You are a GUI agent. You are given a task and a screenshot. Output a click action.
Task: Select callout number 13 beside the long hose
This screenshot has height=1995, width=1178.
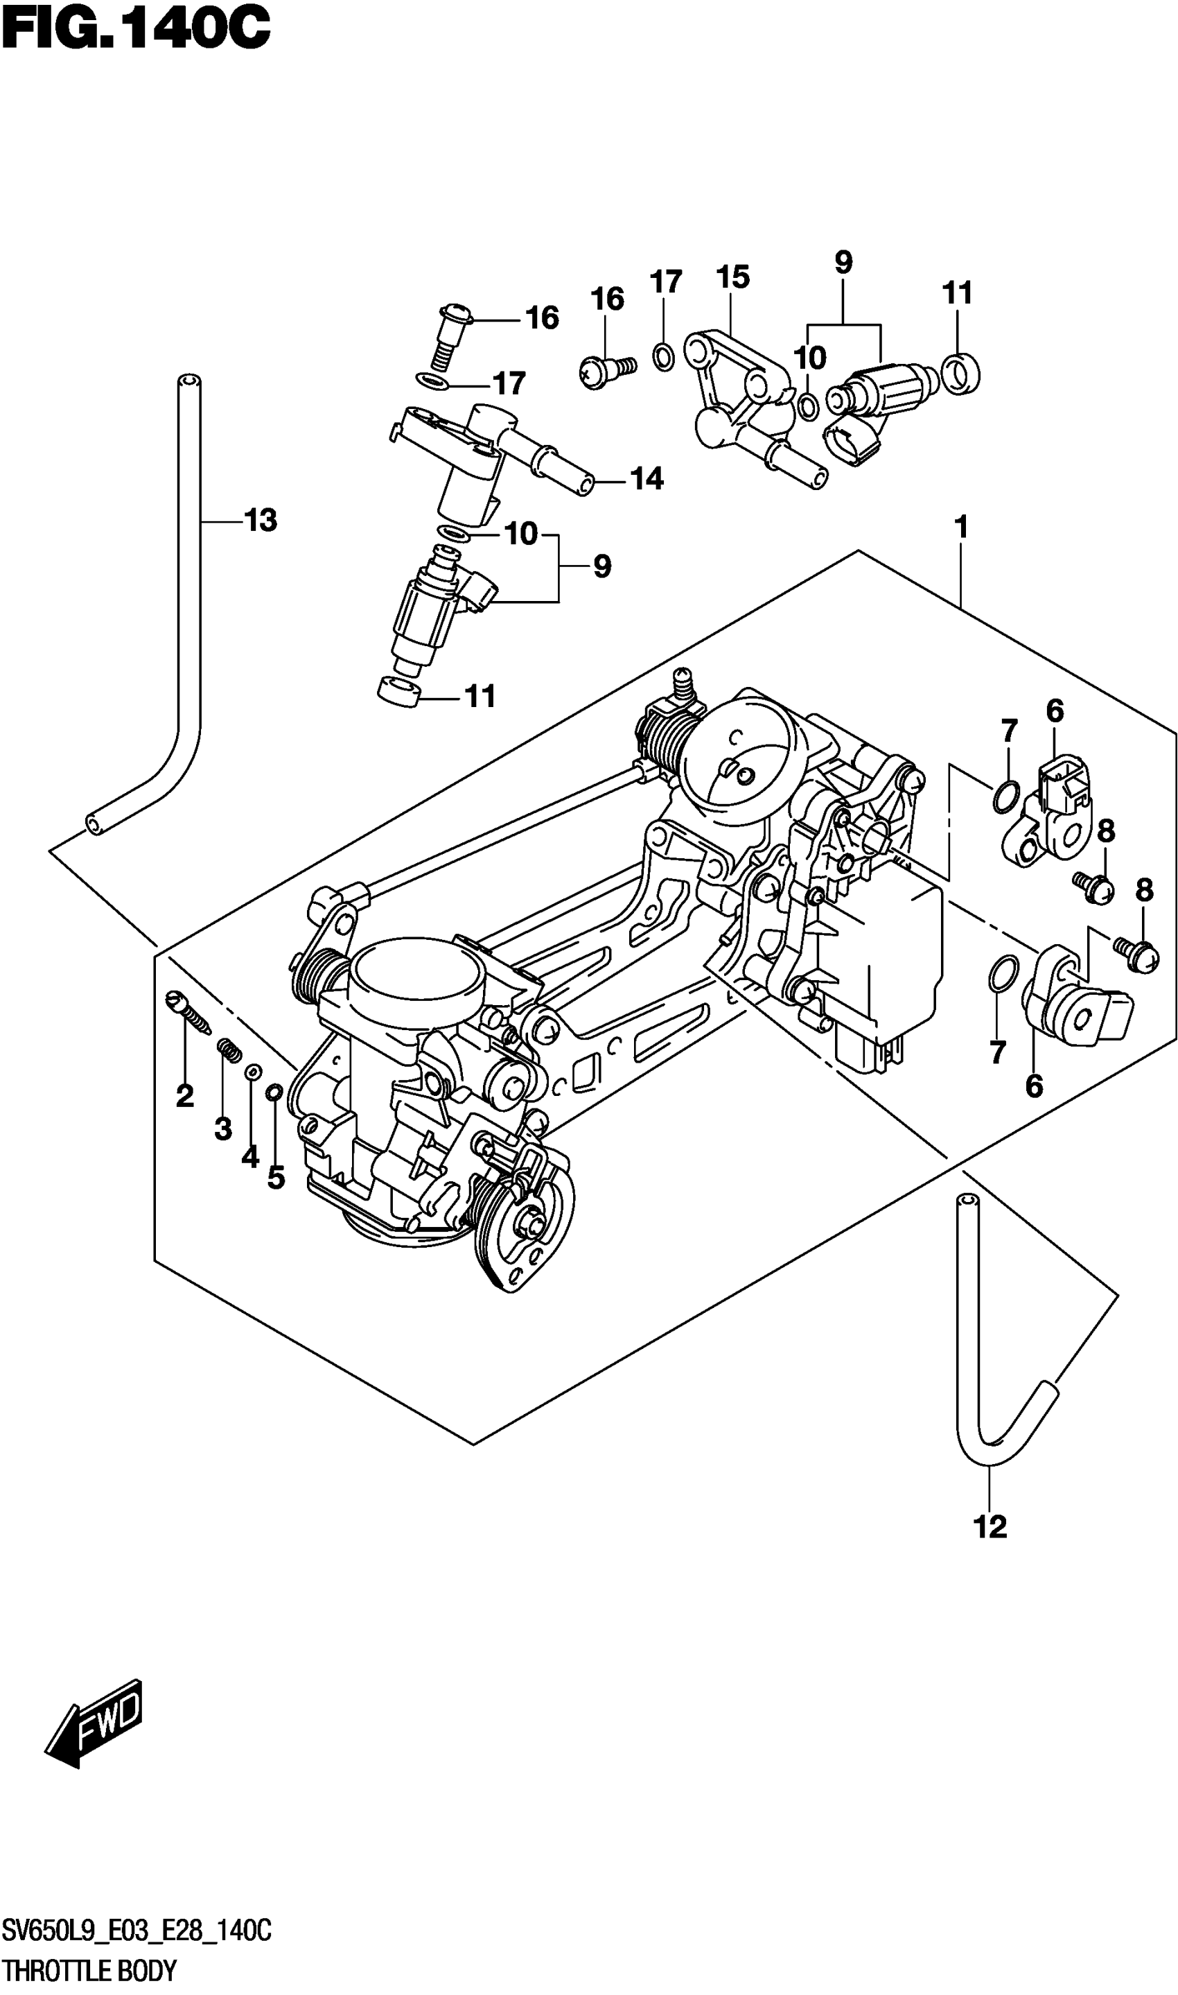[261, 521]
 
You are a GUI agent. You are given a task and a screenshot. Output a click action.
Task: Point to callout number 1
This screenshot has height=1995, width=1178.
[960, 527]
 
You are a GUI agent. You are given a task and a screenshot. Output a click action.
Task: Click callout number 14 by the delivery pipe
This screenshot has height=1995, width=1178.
[646, 479]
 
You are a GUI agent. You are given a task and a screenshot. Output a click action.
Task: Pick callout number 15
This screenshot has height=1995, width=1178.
[732, 277]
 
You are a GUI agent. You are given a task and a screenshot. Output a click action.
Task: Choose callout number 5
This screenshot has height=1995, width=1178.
[276, 1178]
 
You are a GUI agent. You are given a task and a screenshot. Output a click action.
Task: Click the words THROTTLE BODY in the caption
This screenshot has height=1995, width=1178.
[89, 1972]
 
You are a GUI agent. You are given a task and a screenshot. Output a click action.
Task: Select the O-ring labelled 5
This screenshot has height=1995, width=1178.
[273, 1093]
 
